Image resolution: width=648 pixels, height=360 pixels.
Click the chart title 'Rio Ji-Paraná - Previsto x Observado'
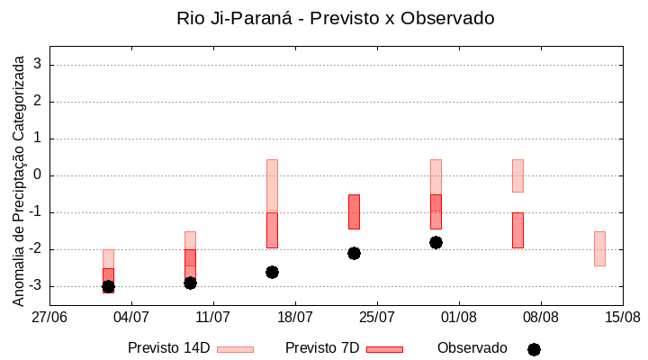tap(336, 18)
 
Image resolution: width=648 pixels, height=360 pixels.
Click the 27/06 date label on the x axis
tap(49, 317)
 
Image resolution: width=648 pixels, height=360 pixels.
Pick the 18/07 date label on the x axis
tap(295, 317)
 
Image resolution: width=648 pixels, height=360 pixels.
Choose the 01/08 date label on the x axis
tap(459, 317)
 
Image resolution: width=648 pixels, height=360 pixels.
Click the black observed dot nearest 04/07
tap(108, 286)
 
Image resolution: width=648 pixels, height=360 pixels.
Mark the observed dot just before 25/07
tap(354, 253)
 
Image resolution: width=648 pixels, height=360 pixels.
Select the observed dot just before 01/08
tap(436, 242)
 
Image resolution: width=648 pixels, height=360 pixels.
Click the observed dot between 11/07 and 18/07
tap(272, 272)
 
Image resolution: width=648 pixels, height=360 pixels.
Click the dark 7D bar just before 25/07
tap(354, 211)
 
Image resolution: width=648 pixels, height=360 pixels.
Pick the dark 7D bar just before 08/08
tap(517, 230)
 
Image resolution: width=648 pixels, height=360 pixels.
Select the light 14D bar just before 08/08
tap(517, 175)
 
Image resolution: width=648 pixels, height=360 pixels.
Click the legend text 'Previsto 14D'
tap(168, 348)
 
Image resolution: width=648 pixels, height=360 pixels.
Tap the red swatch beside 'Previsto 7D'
tap(384, 349)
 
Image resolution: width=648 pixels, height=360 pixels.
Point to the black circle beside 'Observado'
tap(534, 349)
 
